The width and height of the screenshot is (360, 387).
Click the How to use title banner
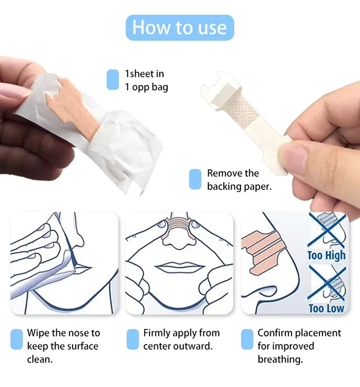180,27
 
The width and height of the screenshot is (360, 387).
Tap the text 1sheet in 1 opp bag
146,80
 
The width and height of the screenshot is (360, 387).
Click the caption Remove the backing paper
239,180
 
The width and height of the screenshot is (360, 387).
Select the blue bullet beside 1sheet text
112,80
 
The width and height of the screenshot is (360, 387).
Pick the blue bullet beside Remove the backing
195,179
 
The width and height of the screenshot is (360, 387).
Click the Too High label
326,255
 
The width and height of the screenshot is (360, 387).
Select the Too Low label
326,309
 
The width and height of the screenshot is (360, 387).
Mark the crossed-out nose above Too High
327,231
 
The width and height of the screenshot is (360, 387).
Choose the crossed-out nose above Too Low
327,283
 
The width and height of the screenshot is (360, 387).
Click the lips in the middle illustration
179,267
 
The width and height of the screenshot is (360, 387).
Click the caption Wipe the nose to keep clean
63,346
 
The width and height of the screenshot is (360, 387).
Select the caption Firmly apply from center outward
181,339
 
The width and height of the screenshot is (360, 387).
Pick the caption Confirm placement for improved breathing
299,346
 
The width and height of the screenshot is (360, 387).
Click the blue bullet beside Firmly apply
133,339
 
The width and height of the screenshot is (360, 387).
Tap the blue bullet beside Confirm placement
247,339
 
